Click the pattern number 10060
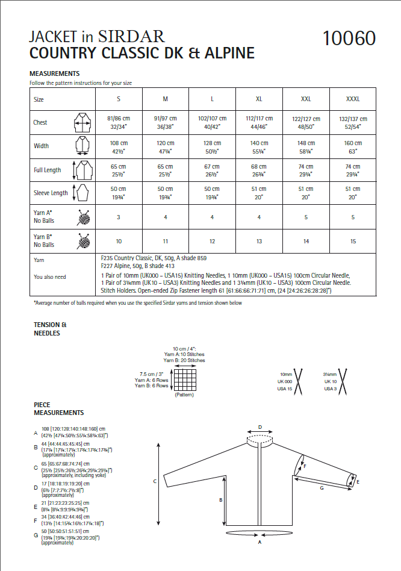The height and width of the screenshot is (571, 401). [x=349, y=39]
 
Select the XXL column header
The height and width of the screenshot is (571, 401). [x=306, y=99]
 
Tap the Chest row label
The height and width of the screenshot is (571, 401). [x=40, y=123]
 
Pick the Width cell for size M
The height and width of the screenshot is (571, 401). [x=166, y=146]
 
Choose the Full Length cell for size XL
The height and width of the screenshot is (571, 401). [x=260, y=170]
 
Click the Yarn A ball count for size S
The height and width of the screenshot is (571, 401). [x=118, y=217]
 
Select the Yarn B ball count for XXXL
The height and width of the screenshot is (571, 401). [x=353, y=242]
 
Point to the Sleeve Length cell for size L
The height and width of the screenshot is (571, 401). [x=213, y=193]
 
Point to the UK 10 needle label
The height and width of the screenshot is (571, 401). [x=330, y=381]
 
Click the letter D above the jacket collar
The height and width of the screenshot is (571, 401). [x=260, y=427]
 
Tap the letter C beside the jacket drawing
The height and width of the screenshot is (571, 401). [x=155, y=481]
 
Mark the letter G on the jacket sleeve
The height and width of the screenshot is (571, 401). [x=322, y=488]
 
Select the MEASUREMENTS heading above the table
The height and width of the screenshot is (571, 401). [x=55, y=73]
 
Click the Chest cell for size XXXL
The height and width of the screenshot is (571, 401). [x=353, y=123]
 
